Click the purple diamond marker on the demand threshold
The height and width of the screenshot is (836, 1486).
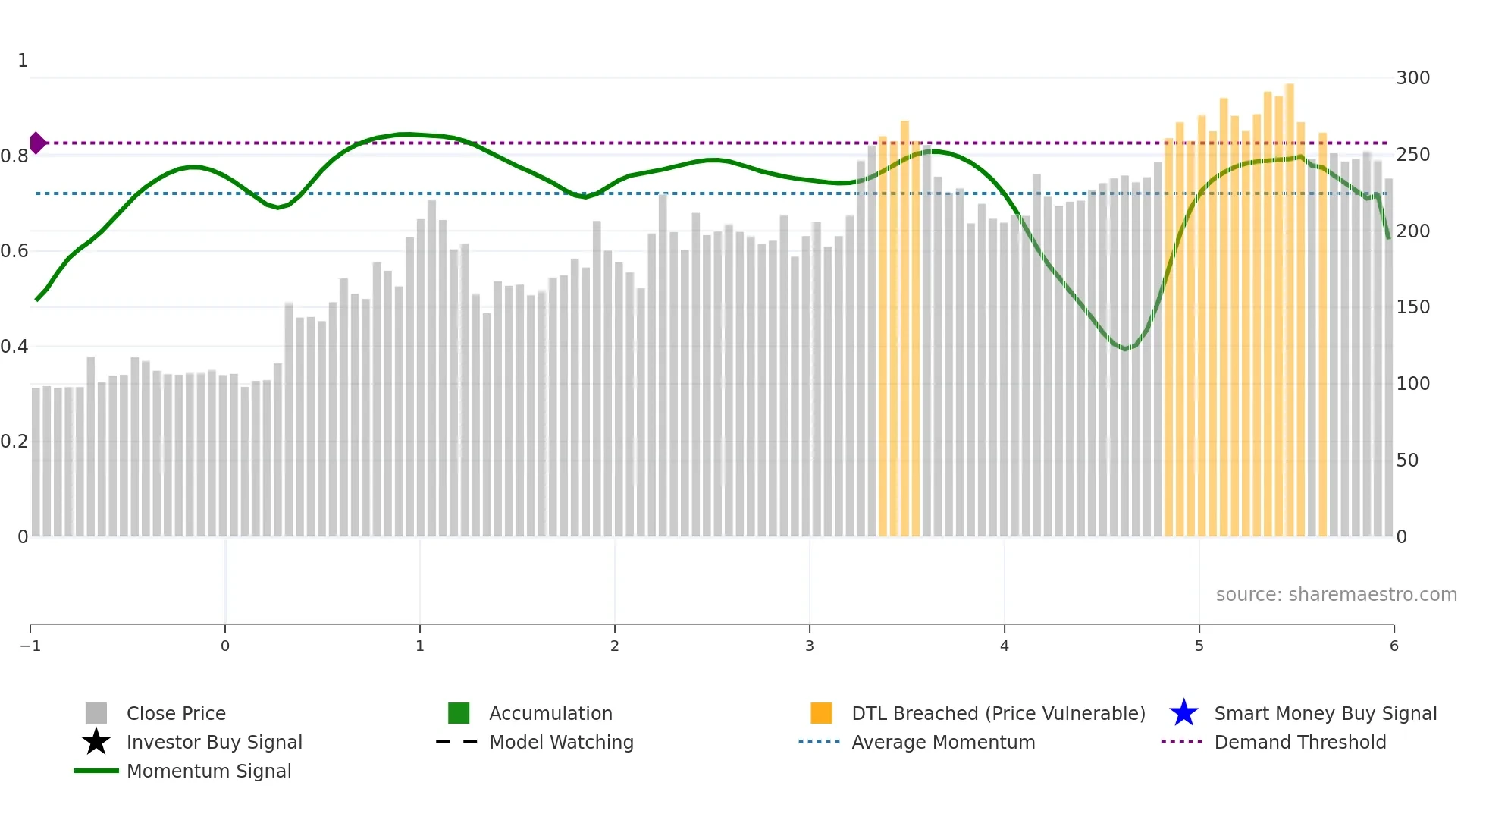tap(37, 143)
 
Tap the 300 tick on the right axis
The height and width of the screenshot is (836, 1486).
tap(1412, 78)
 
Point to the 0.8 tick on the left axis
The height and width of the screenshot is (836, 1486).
tap(14, 156)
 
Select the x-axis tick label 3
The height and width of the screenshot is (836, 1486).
tap(809, 646)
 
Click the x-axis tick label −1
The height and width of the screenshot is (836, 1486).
tap(30, 646)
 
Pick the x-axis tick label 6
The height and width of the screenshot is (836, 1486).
tap(1394, 646)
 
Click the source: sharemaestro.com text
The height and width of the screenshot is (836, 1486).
tap(1336, 594)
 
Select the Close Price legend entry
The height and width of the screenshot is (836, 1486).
tap(175, 713)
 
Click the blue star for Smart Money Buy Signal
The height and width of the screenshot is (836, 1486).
tap(1183, 713)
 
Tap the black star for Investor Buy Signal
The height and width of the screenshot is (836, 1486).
tap(96, 742)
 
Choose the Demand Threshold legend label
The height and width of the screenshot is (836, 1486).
tap(1299, 742)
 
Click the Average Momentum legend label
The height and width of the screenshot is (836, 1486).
tap(942, 742)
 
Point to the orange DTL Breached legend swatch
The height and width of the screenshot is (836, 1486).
tap(821, 713)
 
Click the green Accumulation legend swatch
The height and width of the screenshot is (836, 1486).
tap(459, 713)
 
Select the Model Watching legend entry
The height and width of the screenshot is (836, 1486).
tap(560, 742)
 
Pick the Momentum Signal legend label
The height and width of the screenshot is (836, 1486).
tap(208, 771)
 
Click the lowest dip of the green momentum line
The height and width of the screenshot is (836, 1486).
tap(1126, 348)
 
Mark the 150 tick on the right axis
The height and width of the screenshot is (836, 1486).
tap(1412, 307)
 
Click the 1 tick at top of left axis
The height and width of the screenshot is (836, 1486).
tap(23, 61)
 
